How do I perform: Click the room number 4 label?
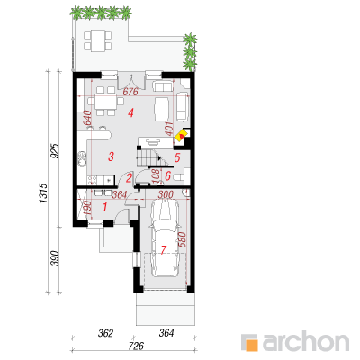click(130, 113)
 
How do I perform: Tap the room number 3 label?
click(111, 157)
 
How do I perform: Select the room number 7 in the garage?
click(164, 249)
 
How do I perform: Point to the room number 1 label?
click(105, 206)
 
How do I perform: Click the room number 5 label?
click(177, 157)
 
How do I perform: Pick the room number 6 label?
click(168, 175)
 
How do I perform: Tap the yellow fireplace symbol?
click(181, 136)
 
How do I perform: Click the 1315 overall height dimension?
click(43, 193)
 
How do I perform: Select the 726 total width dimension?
click(136, 346)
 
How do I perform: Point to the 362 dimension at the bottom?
click(105, 333)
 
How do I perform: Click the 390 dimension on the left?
click(55, 258)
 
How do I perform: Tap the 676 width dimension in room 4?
click(130, 92)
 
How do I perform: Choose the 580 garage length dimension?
click(183, 240)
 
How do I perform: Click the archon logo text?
click(306, 341)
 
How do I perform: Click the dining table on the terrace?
click(98, 40)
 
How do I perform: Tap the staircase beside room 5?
click(155, 157)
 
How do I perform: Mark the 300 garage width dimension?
click(166, 195)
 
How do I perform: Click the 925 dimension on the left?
click(55, 150)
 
